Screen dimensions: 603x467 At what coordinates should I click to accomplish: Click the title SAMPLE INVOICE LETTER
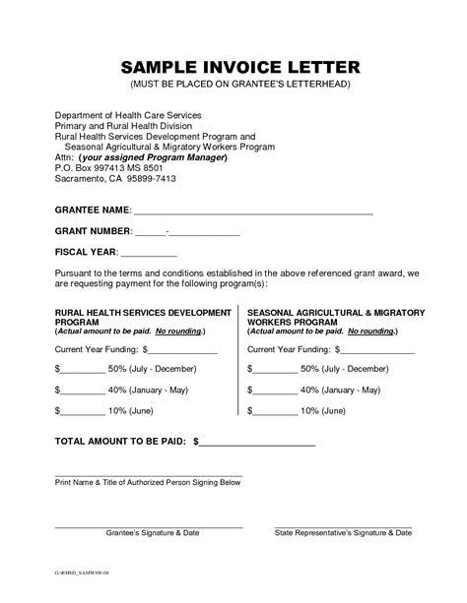(x=233, y=67)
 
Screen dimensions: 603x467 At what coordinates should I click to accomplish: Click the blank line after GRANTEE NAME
(x=252, y=211)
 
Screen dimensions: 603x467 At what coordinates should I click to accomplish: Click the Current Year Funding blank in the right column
(x=376, y=349)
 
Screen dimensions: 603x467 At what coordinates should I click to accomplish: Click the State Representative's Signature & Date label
(x=343, y=532)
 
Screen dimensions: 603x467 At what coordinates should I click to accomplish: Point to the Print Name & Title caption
(x=148, y=482)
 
